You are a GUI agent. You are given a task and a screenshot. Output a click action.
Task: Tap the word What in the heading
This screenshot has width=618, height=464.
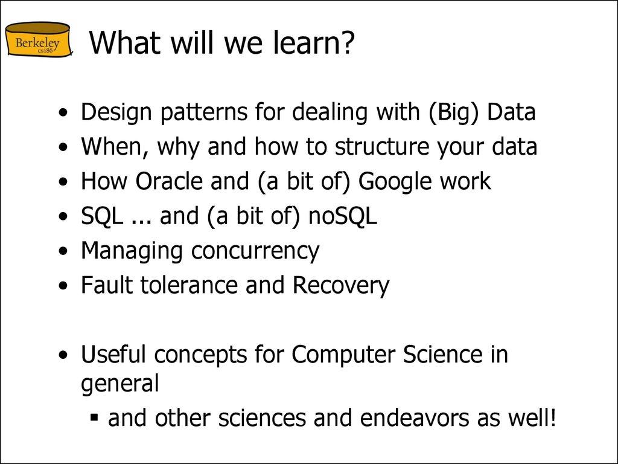pos(124,43)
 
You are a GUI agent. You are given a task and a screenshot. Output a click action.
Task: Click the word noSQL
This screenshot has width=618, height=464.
pos(342,216)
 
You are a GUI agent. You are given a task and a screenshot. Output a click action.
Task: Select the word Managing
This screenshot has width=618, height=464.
pos(133,251)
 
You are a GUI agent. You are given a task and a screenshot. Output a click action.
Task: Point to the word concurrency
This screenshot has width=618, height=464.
pos(255,251)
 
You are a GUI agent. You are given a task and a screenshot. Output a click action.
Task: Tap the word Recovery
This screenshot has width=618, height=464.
pos(341,285)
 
